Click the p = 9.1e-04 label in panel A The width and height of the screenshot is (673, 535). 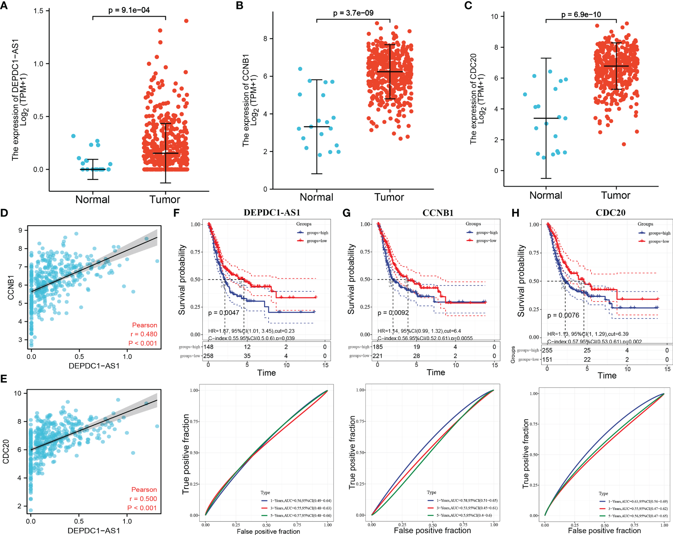[x=129, y=10]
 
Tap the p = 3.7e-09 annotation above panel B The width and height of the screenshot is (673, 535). [x=353, y=13]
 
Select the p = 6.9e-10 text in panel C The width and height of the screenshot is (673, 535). [x=581, y=15]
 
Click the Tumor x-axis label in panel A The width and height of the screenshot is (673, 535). [x=165, y=199]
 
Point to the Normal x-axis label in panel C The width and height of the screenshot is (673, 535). [x=546, y=195]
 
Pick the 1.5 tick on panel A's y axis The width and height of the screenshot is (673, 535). [x=39, y=11]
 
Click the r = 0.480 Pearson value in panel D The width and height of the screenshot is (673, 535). [x=144, y=334]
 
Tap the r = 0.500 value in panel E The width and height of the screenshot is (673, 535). [x=143, y=499]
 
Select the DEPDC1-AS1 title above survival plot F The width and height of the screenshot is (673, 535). [x=272, y=213]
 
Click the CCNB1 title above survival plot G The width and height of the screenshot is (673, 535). [x=438, y=213]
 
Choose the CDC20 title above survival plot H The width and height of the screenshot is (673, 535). [x=610, y=213]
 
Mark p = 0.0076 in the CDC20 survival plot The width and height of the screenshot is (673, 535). [x=563, y=315]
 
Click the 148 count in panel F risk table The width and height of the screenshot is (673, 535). [x=208, y=347]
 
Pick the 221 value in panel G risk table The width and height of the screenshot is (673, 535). [x=378, y=356]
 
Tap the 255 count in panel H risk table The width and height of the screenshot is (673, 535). [x=547, y=350]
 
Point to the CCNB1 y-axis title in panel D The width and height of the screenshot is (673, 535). [x=11, y=288]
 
